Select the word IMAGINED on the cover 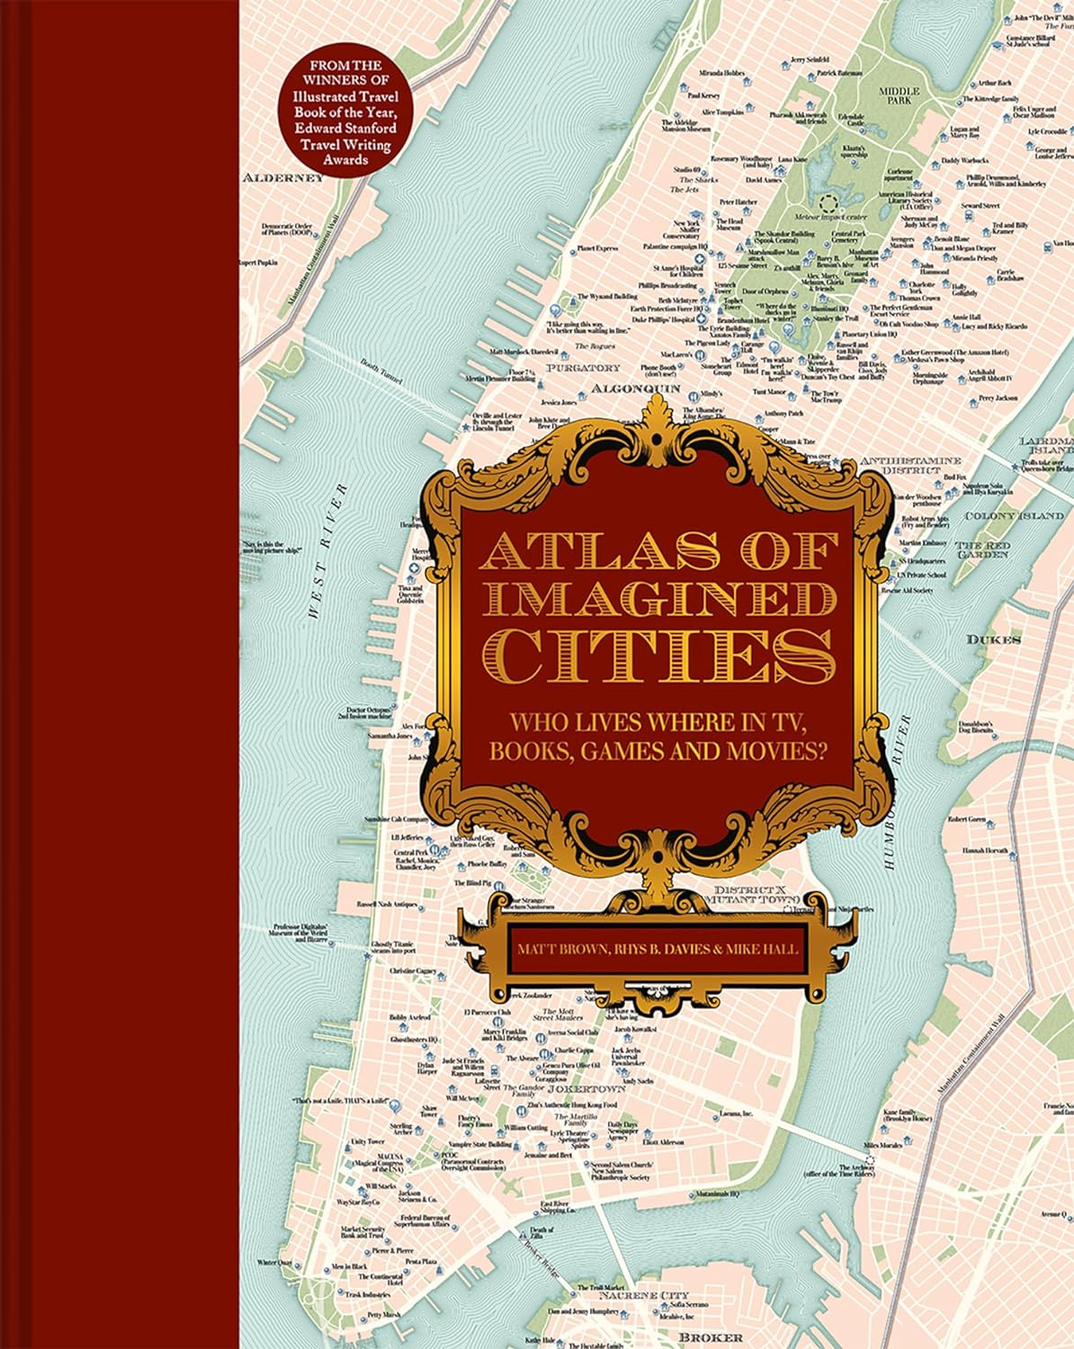pos(659,602)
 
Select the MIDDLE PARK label pos(899,95)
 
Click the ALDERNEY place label pos(282,178)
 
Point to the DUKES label pos(994,639)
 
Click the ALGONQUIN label pos(635,389)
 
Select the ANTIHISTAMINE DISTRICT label pos(911,465)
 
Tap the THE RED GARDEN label pos(983,549)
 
